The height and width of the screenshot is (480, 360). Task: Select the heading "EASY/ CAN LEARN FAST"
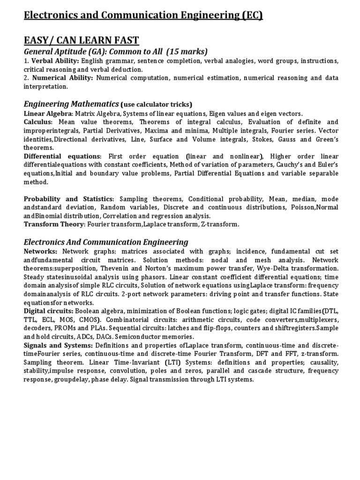[81, 40]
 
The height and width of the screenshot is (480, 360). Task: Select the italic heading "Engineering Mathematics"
[71, 104]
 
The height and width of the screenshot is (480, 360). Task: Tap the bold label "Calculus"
[38, 122]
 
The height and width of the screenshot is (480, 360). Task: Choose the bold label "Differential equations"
[62, 156]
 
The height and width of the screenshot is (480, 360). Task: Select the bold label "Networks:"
[41, 251]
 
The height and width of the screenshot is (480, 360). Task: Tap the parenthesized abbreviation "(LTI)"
[173, 362]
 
